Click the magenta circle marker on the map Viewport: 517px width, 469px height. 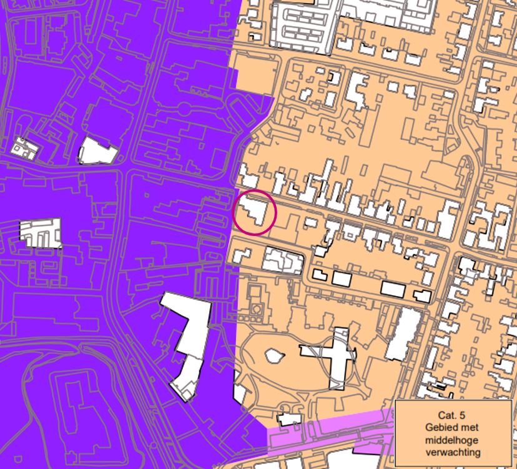pos(255,214)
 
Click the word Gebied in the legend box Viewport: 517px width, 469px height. pos(440,427)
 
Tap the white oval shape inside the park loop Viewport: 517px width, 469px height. pos(273,355)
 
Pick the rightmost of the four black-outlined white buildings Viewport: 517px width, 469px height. pos(422,295)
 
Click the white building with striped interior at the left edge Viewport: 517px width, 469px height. pos(41,232)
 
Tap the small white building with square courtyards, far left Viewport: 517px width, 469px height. pos(23,147)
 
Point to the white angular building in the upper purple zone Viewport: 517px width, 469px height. pos(97,151)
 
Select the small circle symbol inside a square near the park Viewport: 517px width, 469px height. pos(256,310)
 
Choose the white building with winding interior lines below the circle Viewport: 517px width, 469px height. pos(282,261)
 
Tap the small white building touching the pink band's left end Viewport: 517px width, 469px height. pos(288,418)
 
